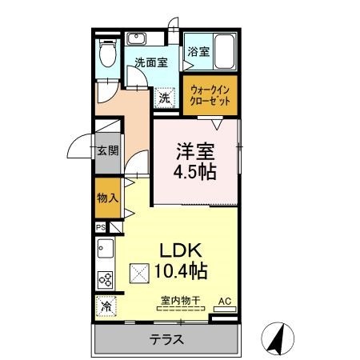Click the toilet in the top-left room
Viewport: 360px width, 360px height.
click(x=106, y=53)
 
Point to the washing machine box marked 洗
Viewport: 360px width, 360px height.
click(x=164, y=98)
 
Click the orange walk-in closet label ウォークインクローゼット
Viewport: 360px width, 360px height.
click(x=210, y=97)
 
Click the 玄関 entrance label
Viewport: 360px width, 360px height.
click(x=108, y=150)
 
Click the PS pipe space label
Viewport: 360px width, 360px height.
click(x=101, y=227)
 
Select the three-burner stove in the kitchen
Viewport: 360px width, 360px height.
click(x=105, y=279)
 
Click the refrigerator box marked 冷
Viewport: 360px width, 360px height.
click(x=106, y=306)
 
